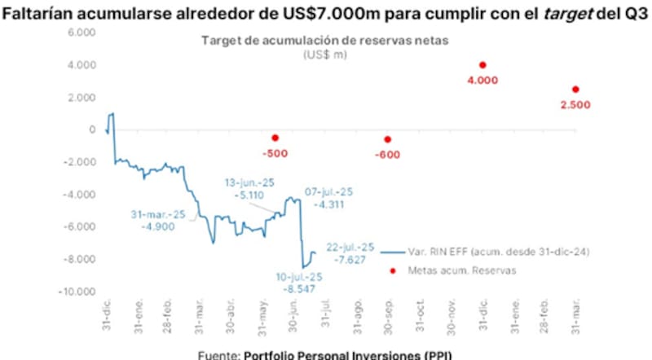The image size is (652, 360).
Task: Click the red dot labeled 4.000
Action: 482,65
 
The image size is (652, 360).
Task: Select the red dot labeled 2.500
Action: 575,90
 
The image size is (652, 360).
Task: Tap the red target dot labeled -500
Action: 275,138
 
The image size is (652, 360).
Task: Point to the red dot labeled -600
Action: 387,139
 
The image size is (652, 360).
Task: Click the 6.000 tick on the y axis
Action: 80,33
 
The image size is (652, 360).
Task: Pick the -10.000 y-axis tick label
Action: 75,292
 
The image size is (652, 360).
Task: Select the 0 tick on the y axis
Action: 92,130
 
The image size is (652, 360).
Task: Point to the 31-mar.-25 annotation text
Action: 157,214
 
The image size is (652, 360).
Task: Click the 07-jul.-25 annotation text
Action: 329,191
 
